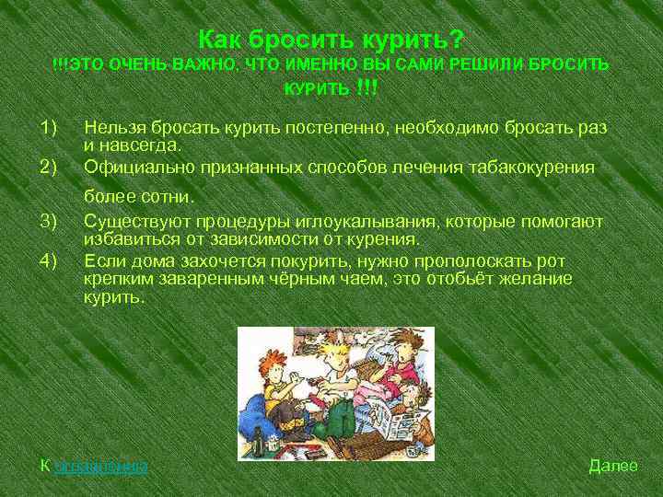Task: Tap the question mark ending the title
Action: [x=457, y=40]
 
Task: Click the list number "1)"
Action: [x=49, y=126]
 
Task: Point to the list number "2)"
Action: [x=49, y=167]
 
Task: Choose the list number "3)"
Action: [x=49, y=221]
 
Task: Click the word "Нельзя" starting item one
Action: [x=113, y=126]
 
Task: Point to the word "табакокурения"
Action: [x=535, y=167]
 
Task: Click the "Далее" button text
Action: [x=612, y=466]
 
